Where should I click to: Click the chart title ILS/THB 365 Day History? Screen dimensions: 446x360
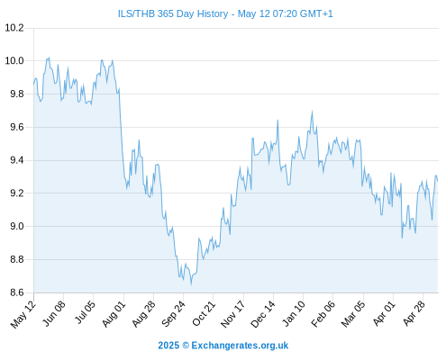173,14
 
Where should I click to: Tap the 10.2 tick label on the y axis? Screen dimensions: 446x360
14,28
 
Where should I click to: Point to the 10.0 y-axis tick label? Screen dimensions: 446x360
14,61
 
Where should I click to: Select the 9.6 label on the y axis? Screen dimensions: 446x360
17,127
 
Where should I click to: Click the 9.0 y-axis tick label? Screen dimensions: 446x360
17,226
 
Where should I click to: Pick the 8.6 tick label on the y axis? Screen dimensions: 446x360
17,292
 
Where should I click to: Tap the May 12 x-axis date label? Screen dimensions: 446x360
23,314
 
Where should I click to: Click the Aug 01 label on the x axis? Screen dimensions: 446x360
114,314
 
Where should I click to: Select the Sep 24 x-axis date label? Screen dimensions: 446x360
173,314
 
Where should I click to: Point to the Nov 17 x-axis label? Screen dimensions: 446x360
233,314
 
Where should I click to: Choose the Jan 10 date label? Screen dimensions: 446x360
294,314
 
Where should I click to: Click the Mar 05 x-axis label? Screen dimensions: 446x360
353,314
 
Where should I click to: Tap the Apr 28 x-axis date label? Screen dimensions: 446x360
414,314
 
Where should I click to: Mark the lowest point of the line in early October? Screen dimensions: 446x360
191,284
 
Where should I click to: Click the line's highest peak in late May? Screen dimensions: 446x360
49,58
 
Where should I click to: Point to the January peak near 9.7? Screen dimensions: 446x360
312,111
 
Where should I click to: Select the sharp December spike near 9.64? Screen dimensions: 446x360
278,121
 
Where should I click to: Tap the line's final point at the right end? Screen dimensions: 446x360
438,181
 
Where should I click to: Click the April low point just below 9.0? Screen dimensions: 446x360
402,238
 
